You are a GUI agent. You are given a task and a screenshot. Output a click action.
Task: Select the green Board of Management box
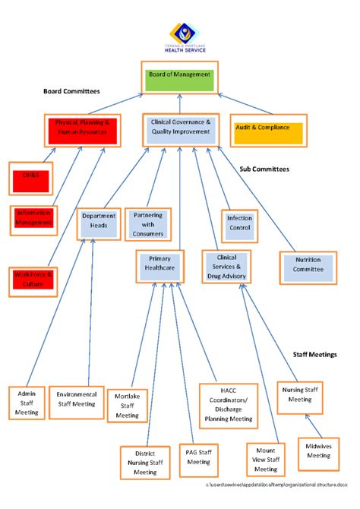[x=180, y=79]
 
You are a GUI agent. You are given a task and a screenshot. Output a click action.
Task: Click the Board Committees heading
[x=71, y=91]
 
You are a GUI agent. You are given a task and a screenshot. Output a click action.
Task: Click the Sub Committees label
[x=264, y=169]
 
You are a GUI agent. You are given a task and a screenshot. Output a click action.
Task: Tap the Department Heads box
[x=99, y=221]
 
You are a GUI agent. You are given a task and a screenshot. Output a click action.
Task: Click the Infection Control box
[x=239, y=223]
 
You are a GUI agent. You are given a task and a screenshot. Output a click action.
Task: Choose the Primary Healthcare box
[x=160, y=264]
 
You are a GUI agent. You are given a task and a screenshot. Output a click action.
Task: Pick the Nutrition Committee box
[x=308, y=264]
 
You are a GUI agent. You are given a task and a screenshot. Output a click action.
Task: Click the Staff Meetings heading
[x=315, y=355]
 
